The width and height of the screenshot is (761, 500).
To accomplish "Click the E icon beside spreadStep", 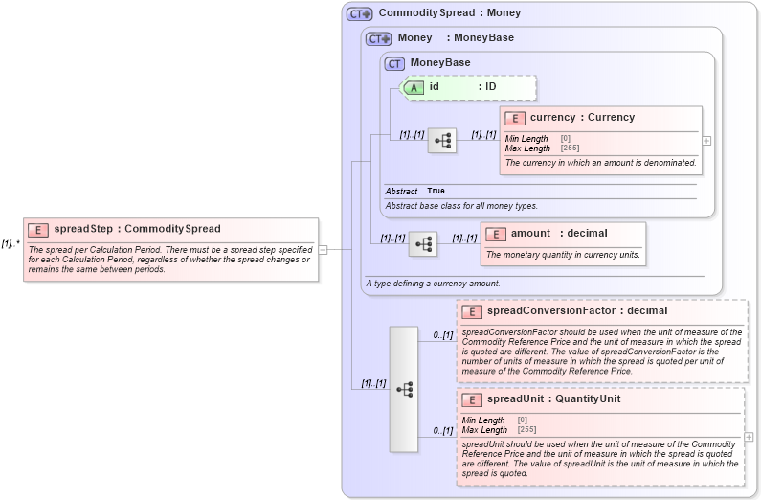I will click(x=38, y=229).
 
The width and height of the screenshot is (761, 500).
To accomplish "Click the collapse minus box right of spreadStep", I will click(x=323, y=249).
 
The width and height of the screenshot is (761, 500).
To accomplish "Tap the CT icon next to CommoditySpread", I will click(x=359, y=13).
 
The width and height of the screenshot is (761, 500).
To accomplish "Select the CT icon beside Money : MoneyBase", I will click(x=379, y=38).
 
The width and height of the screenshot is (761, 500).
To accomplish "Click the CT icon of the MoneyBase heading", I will click(x=394, y=63).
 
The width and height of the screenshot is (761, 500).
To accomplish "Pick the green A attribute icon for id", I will click(x=414, y=87).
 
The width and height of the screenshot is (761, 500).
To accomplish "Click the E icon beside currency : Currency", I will click(x=515, y=118).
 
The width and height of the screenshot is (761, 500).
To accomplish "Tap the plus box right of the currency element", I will click(x=706, y=140).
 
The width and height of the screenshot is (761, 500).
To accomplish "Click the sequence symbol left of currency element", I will click(x=441, y=141).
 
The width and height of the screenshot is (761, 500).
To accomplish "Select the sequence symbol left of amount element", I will click(x=422, y=244).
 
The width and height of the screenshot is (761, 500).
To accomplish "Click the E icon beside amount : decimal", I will click(x=496, y=234).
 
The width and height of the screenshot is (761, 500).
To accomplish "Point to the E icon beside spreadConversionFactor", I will click(x=471, y=311).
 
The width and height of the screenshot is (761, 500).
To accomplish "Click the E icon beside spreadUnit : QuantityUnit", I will click(x=471, y=399).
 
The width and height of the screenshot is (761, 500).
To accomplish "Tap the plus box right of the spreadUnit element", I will click(x=749, y=437).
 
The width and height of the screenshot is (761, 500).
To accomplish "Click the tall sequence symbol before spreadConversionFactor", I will click(x=404, y=389).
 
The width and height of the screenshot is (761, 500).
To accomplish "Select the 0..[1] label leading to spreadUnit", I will click(x=442, y=430).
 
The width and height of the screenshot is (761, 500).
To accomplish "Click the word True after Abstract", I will click(x=436, y=192).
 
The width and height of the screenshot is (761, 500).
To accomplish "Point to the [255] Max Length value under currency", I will click(x=569, y=148).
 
